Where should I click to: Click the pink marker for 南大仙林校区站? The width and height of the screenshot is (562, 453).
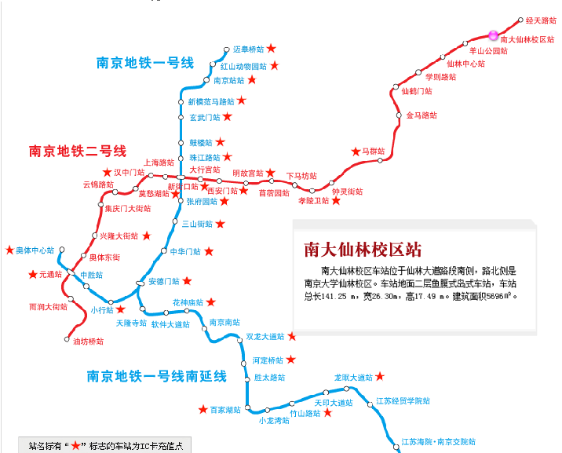(493, 35)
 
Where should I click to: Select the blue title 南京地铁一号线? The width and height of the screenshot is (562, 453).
(145, 64)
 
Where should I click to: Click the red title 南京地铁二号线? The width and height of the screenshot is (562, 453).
(78, 151)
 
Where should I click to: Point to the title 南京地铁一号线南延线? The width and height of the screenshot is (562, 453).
(157, 377)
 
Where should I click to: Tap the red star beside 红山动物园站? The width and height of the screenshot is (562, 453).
(274, 66)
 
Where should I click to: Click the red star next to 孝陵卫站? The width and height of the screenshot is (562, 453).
(337, 201)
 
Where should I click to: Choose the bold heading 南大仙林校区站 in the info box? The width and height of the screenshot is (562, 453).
(363, 250)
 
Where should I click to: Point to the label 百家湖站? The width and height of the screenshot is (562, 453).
(225, 409)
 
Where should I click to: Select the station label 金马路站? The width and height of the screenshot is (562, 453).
(421, 115)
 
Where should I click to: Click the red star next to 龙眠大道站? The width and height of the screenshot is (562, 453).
(381, 377)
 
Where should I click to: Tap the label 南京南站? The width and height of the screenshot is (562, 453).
(224, 322)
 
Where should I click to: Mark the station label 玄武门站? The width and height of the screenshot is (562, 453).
(206, 117)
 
